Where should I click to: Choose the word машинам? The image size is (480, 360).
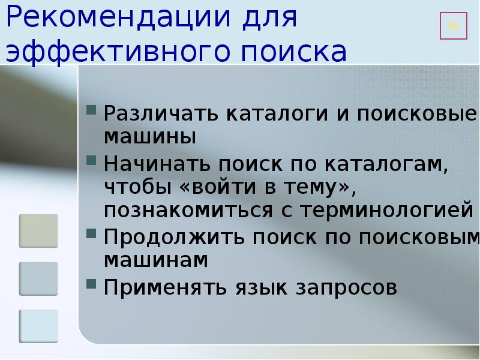[155, 260]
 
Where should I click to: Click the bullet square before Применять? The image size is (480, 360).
[91, 283]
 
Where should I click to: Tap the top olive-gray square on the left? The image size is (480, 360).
[38, 230]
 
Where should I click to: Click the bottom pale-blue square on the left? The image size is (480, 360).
[38, 326]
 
